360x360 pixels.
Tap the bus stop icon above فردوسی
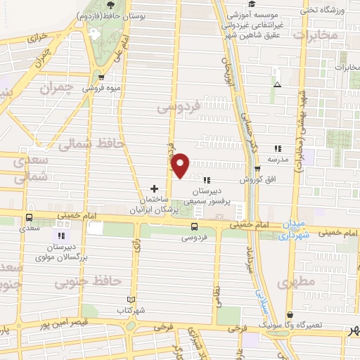tap(195, 226)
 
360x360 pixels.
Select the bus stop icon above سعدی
tap(29, 217)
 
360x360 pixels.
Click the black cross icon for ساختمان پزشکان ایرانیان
tap(154, 188)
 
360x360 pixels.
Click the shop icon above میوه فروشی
tap(103, 78)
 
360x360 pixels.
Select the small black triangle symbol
tap(277, 84)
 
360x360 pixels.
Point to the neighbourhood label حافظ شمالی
tap(91, 144)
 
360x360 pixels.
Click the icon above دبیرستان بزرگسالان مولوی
tap(62, 236)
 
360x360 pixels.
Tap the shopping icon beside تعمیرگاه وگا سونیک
tap(290, 316)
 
